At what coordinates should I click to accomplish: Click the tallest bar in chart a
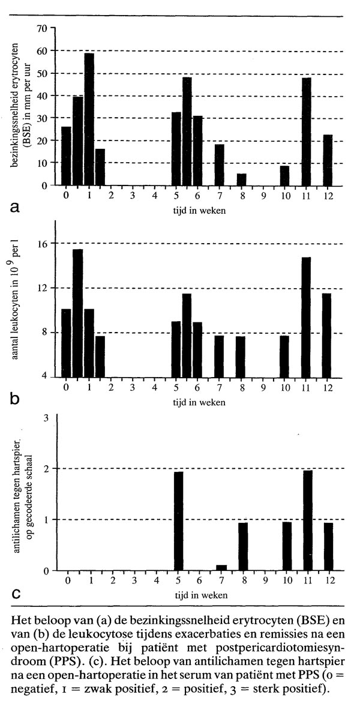(x=89, y=120)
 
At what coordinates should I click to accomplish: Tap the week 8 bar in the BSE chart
(x=241, y=180)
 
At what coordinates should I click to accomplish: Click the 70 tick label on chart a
(x=42, y=28)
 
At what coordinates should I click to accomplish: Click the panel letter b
(x=15, y=397)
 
